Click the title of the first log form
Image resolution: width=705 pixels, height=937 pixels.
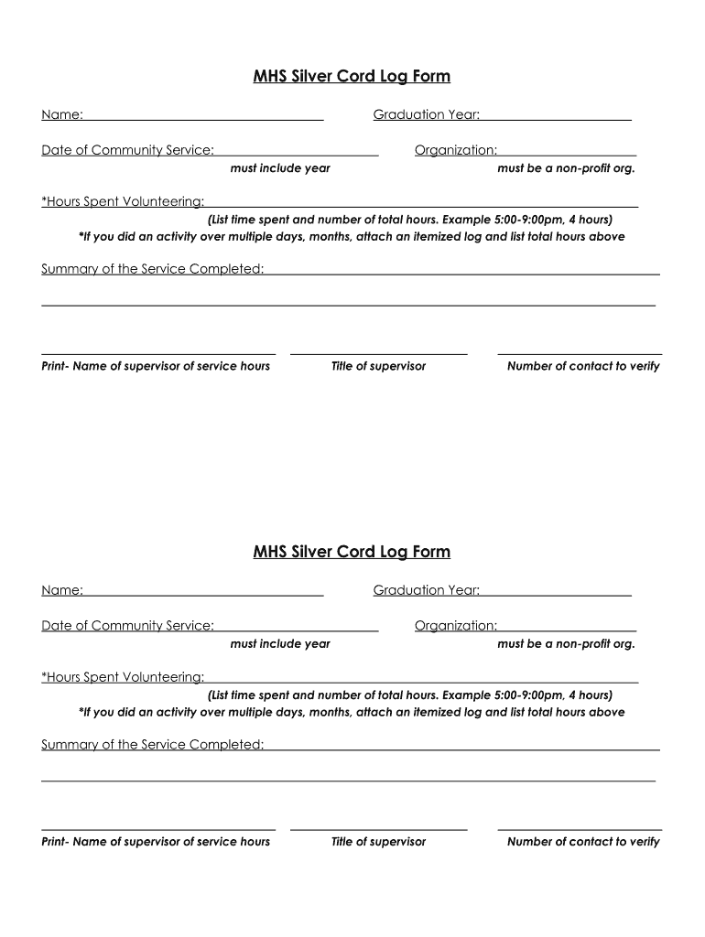tap(352, 76)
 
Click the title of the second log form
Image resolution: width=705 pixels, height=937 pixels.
tap(352, 552)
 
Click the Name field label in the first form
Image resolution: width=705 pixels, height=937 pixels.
tap(62, 114)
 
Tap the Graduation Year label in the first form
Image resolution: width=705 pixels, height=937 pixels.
tap(427, 114)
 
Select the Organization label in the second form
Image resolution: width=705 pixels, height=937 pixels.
tap(456, 626)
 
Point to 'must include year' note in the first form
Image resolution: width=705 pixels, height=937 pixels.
tap(280, 168)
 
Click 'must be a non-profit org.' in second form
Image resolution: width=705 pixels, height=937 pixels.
tap(566, 644)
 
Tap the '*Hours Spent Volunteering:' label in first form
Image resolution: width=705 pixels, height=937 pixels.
tap(123, 201)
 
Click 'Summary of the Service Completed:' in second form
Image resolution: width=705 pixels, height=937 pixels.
tap(153, 745)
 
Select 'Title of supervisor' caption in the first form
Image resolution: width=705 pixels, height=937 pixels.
tap(378, 366)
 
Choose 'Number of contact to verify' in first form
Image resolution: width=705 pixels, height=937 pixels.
tap(583, 366)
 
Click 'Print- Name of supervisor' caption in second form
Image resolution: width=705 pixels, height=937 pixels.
tap(156, 842)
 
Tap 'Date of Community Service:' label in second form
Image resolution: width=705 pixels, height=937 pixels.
tap(127, 626)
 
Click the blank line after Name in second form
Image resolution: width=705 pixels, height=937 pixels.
tap(203, 595)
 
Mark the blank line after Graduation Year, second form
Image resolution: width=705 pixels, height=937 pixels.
tap(556, 595)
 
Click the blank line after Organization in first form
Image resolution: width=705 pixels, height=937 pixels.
tap(567, 155)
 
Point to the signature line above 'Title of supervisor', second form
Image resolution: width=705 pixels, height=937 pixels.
tap(378, 829)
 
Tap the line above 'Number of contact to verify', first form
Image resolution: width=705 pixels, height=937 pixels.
tap(580, 353)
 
